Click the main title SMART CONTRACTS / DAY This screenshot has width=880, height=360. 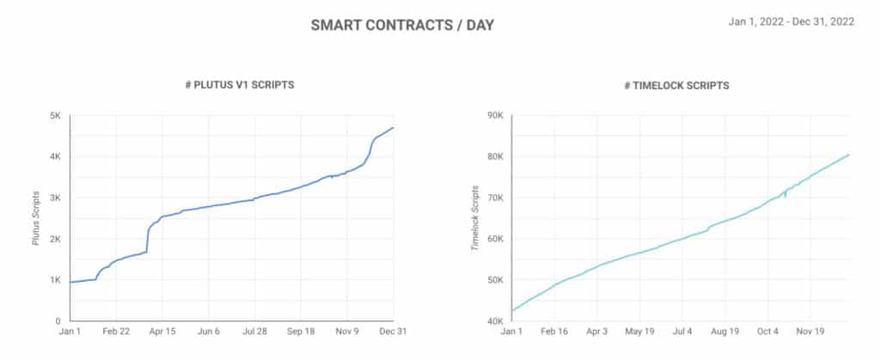402,24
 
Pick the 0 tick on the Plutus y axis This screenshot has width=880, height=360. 57,321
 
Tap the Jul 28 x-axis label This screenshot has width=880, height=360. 254,331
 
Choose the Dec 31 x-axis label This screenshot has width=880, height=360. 393,331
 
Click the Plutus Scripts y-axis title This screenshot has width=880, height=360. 36,218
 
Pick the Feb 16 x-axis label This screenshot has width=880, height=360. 554,331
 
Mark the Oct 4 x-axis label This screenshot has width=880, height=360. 767,331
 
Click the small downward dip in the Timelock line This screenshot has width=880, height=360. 785,195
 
